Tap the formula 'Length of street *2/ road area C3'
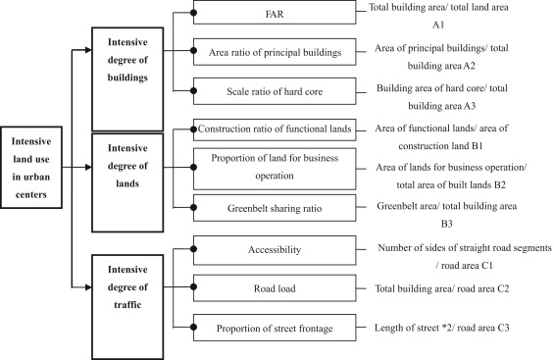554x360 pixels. [x=459, y=327]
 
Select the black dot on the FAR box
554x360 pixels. [x=195, y=13]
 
